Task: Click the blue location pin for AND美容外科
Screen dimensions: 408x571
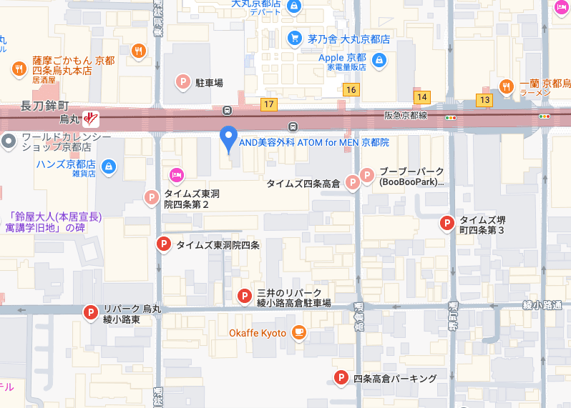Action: pyautogui.click(x=228, y=136)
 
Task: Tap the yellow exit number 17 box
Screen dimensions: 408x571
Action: pyautogui.click(x=268, y=104)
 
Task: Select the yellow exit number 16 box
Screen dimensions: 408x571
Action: pyautogui.click(x=350, y=89)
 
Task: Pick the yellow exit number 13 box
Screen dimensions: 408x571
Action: pyautogui.click(x=485, y=99)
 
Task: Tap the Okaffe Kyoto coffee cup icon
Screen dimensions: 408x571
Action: pyautogui.click(x=298, y=333)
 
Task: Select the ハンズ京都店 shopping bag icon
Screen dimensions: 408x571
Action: pyautogui.click(x=108, y=167)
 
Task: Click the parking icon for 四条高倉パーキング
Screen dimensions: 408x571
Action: pyautogui.click(x=341, y=378)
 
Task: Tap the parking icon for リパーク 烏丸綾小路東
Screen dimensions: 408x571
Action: pyautogui.click(x=91, y=312)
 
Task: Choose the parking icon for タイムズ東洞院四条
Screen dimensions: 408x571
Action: pyautogui.click(x=164, y=245)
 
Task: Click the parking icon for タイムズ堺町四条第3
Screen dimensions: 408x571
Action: pyautogui.click(x=446, y=224)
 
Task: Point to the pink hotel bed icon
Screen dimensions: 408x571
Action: pyautogui.click(x=176, y=175)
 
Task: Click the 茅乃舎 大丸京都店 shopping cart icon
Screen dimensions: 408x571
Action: pyautogui.click(x=294, y=39)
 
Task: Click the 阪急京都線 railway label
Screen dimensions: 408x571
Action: pyautogui.click(x=405, y=115)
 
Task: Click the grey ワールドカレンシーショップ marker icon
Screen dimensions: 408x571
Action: pyautogui.click(x=9, y=141)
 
